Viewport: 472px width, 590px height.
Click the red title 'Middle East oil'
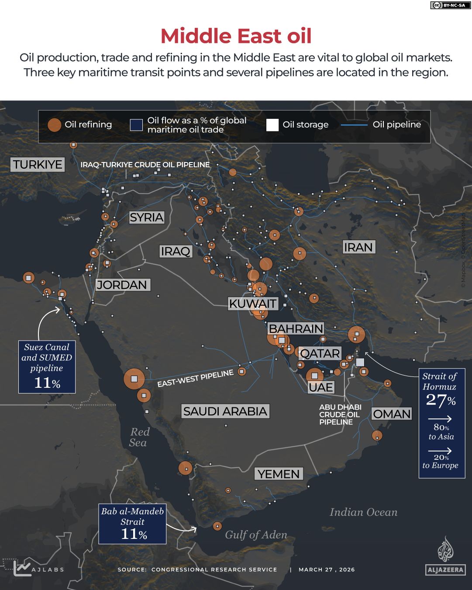[236, 36]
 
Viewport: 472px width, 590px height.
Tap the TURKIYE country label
[38, 165]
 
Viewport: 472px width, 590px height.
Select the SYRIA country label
[146, 217]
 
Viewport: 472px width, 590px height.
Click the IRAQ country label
[176, 251]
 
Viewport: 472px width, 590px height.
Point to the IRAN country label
[358, 247]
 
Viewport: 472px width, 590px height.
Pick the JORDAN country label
[122, 285]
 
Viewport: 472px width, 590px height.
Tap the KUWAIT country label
[252, 304]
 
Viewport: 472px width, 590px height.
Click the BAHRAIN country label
[296, 328]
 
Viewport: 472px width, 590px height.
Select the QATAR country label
[320, 353]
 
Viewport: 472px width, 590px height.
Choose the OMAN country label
[392, 414]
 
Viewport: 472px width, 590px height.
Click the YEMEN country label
[279, 474]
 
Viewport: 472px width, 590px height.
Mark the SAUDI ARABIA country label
[225, 411]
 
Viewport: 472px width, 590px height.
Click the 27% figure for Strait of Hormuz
[441, 400]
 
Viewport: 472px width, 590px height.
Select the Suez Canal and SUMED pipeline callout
[47, 366]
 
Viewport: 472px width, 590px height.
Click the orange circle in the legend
[54, 125]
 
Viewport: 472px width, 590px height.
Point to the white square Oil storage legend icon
[272, 125]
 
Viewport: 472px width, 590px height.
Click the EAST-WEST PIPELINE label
[195, 378]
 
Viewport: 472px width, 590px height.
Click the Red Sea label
[139, 437]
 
